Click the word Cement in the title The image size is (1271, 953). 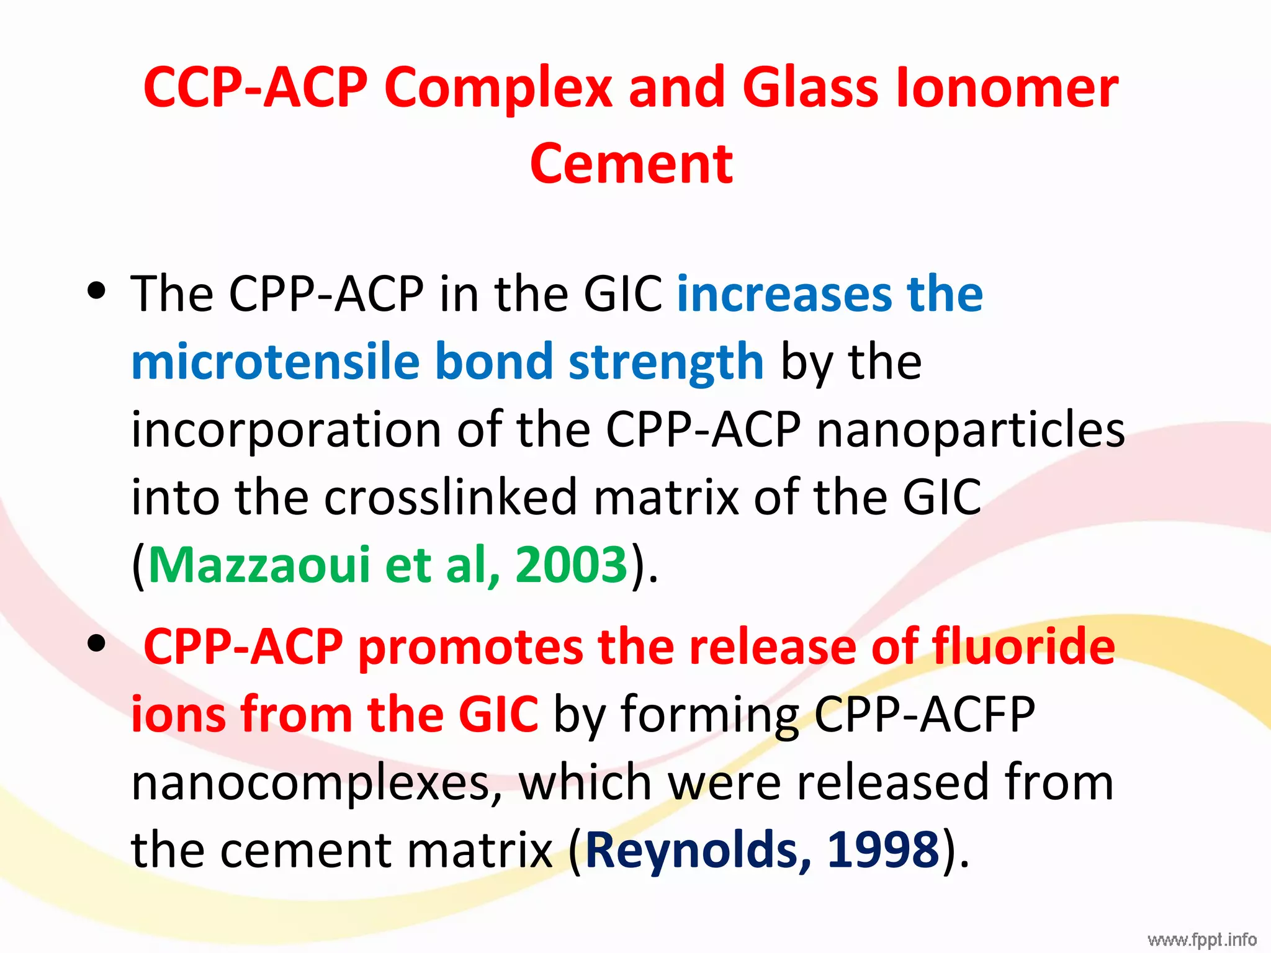click(x=631, y=164)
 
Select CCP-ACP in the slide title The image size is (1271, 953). click(x=255, y=87)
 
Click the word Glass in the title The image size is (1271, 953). click(x=810, y=87)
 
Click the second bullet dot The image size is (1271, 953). click(x=96, y=643)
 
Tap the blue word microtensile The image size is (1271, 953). click(x=275, y=361)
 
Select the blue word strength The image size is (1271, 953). click(x=665, y=362)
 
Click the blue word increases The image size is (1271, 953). click(x=783, y=293)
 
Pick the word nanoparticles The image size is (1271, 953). click(x=970, y=429)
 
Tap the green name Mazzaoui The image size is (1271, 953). click(x=259, y=565)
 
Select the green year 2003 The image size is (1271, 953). click(x=571, y=565)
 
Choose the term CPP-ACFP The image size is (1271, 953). click(x=924, y=715)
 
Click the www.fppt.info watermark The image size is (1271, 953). click(x=1201, y=940)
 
